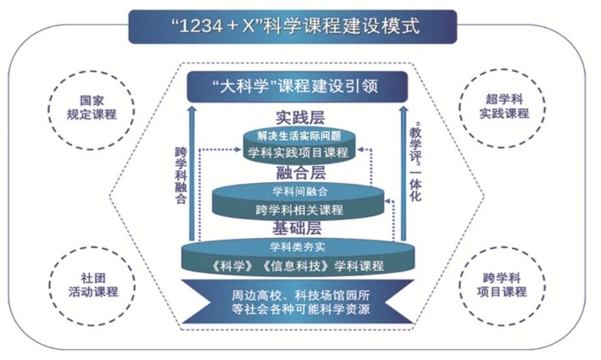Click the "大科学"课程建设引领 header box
[298, 86]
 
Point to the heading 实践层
[298, 117]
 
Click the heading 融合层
[298, 172]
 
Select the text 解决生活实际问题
[298, 136]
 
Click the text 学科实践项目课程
[298, 152]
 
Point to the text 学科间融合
[298, 191]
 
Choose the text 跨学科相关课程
[298, 208]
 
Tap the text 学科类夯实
[298, 247]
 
